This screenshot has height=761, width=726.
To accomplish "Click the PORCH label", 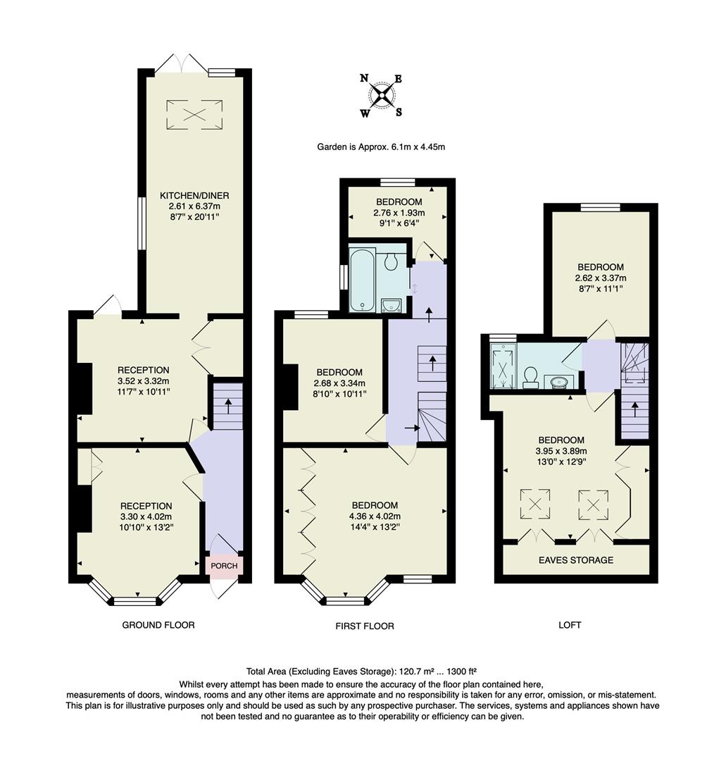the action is [x=224, y=566].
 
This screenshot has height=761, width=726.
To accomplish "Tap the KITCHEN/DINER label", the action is [x=194, y=196].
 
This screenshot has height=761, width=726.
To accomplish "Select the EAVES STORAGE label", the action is [x=576, y=560].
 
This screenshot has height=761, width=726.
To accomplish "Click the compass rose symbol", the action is [x=381, y=94].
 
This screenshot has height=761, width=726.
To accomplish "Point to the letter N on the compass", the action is [x=364, y=78].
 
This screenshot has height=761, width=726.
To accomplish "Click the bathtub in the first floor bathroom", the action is [x=362, y=279].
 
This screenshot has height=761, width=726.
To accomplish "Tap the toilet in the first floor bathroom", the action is [x=390, y=261].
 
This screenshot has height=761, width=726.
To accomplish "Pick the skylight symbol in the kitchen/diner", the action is [x=194, y=115].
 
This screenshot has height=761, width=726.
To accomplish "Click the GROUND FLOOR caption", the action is [x=158, y=625].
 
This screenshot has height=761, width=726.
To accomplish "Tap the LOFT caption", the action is [x=570, y=625].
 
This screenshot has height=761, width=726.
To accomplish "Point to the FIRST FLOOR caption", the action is [x=365, y=626].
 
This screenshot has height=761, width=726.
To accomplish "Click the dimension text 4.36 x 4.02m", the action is [x=375, y=516].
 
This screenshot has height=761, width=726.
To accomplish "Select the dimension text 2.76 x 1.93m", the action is [x=399, y=213].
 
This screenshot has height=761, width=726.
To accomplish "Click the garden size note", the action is [x=381, y=147].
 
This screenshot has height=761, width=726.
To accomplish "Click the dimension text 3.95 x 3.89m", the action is [x=562, y=451].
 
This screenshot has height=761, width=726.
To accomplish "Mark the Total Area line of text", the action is [x=362, y=672].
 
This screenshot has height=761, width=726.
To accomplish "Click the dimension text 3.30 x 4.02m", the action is [x=146, y=517].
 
